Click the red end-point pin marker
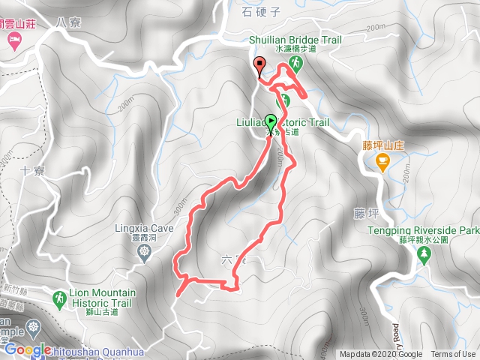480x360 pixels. coord(259,64)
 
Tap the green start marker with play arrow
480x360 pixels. coord(271,120)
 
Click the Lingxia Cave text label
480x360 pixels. coord(145,229)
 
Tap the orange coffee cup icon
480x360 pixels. coord(382,160)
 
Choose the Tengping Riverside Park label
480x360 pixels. coord(423,231)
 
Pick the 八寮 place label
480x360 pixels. coord(66,23)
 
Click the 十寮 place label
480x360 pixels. coord(33,170)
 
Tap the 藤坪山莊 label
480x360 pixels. coord(384,145)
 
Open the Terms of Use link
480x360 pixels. coord(452,355)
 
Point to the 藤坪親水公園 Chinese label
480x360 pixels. coord(423,241)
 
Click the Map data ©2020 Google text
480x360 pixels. coord(380,355)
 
